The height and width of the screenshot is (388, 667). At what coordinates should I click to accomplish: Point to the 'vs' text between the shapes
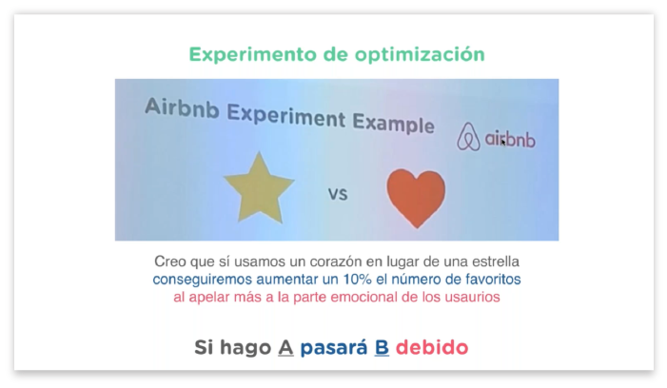tap(338, 195)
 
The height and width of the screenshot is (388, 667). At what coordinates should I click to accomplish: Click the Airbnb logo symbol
tap(468, 137)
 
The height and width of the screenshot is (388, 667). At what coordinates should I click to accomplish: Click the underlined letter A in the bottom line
tap(284, 348)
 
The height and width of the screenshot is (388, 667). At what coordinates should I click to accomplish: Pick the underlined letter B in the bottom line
tap(382, 348)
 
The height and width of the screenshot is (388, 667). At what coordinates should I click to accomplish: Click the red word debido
tap(432, 348)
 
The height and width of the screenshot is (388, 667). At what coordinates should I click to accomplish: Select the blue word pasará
tap(332, 348)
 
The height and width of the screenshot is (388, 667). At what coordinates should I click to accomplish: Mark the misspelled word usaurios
tap(472, 297)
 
